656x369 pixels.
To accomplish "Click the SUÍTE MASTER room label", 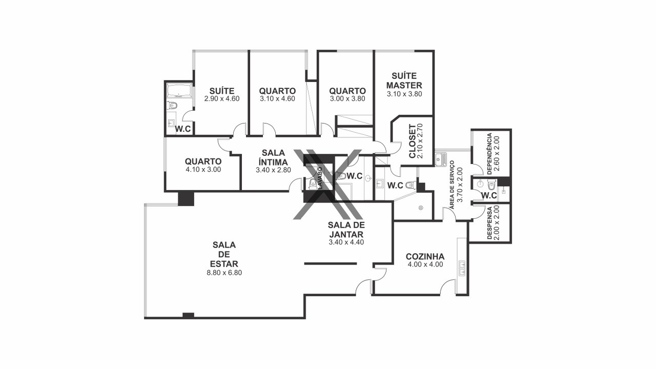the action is (x=404, y=80).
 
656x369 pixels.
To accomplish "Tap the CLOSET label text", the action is (x=412, y=141).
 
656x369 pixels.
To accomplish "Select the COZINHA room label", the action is (x=425, y=257).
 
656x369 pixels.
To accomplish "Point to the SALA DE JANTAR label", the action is (x=346, y=230).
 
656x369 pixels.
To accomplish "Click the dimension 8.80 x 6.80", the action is (x=224, y=273).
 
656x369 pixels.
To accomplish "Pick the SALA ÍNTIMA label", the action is (x=273, y=157).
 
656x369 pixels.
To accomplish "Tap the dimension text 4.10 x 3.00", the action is (x=203, y=170).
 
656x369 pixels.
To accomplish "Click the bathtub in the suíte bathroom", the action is (x=179, y=91).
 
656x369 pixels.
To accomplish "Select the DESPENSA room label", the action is (x=489, y=222).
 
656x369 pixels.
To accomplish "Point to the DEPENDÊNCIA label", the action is (x=489, y=154).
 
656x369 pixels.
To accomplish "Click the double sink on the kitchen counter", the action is (x=462, y=268).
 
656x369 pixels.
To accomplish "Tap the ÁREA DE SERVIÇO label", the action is (x=452, y=184).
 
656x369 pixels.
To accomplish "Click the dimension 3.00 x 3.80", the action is (x=347, y=99).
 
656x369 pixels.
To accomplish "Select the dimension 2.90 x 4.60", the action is (x=222, y=99).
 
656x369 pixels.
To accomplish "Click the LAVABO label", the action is (x=320, y=178).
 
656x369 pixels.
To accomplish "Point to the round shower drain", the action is (x=421, y=208).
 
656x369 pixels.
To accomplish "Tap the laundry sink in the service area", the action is (x=440, y=159).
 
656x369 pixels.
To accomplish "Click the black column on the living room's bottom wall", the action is (x=188, y=315).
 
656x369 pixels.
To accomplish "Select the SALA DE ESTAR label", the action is (x=224, y=254).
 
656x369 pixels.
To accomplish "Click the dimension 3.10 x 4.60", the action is (x=277, y=99).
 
